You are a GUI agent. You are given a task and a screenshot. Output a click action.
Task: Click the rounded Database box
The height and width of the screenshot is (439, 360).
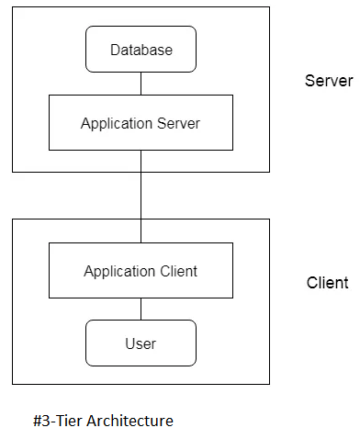(x=141, y=50)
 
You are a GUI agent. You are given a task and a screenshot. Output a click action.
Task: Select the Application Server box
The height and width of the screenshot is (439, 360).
(x=141, y=122)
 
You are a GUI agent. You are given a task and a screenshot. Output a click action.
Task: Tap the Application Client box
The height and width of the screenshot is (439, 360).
(x=141, y=271)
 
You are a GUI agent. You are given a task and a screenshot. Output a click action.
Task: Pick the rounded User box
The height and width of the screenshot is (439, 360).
(x=141, y=343)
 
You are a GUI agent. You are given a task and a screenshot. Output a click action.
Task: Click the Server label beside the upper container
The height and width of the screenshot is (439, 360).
(x=328, y=81)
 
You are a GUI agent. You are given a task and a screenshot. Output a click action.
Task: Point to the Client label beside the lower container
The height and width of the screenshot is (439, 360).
(x=327, y=282)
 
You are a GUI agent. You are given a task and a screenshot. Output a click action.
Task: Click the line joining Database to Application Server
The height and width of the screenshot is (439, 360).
(x=141, y=84)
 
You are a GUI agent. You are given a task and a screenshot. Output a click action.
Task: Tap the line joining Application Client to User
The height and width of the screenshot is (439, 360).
(x=141, y=309)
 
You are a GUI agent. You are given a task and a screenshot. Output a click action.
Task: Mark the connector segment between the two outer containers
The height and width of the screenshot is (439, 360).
(x=141, y=195)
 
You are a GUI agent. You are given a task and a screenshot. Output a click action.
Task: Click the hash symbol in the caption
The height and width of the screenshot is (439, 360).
(x=37, y=421)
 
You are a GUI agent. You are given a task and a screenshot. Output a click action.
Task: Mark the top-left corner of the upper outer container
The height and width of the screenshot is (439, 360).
(x=12, y=7)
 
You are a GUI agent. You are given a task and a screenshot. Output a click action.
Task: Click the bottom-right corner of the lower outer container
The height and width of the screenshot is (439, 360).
(x=269, y=384)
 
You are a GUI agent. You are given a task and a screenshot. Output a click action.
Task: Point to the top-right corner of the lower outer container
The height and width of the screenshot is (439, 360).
(x=269, y=219)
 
